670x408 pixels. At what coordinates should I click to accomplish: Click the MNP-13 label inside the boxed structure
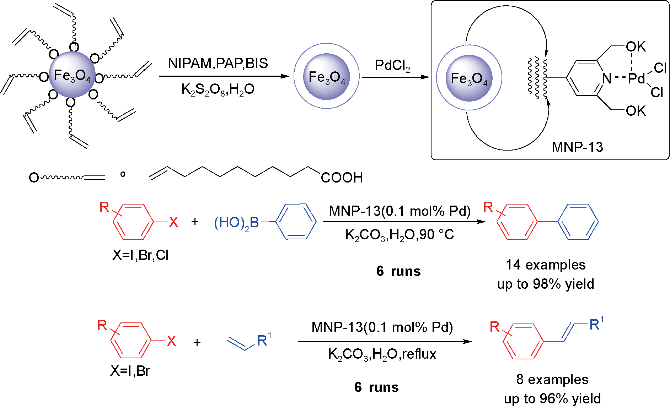[577, 147]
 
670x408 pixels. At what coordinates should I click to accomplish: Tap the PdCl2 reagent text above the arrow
[392, 66]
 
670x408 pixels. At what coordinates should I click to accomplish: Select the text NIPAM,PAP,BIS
[218, 64]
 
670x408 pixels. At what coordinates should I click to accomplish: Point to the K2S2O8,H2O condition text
[218, 89]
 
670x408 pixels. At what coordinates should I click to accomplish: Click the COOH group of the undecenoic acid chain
[342, 178]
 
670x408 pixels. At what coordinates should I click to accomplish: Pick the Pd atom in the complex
[636, 78]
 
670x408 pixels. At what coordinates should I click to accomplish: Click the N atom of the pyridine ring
[607, 78]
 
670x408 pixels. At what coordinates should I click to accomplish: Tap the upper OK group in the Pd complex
[636, 47]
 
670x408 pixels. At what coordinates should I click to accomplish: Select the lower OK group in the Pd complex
[636, 111]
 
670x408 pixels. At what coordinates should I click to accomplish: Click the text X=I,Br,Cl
[140, 255]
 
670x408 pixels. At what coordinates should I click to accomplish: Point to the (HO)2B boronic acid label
[236, 223]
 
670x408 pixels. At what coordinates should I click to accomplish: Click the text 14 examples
[546, 265]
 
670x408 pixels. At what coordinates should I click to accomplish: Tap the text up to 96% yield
[552, 398]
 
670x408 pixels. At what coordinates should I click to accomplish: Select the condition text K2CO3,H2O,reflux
[382, 354]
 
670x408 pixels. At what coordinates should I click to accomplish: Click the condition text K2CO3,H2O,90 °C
[400, 235]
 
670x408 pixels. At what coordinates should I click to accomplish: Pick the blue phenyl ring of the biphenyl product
[578, 222]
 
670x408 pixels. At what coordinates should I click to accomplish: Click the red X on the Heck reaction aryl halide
[171, 341]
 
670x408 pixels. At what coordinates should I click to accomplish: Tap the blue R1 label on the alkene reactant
[264, 340]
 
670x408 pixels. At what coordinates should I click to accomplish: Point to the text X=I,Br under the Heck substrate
[130, 371]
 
